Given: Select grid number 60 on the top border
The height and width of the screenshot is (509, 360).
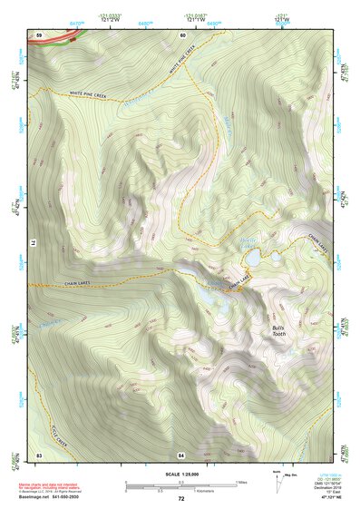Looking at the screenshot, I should click(x=182, y=34).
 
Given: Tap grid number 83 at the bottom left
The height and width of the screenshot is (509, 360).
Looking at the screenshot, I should click(x=39, y=454).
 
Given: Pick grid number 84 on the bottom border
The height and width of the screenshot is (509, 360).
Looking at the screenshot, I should click(x=181, y=454).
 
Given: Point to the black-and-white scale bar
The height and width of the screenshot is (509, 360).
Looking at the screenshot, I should click(x=180, y=485).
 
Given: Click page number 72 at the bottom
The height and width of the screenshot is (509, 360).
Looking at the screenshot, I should click(x=180, y=499).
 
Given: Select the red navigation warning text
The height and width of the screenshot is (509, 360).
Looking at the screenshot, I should click(x=50, y=485).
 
